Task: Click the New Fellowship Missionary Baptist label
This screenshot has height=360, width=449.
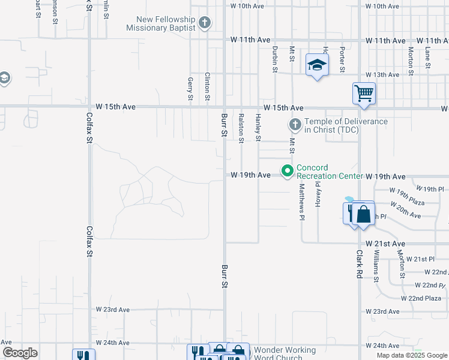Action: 161,23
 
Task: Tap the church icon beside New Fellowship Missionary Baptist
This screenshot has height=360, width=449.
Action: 205,23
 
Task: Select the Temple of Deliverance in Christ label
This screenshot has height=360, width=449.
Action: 346,125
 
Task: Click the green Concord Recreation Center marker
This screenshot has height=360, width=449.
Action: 288,172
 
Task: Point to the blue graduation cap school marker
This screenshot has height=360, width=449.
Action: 317,65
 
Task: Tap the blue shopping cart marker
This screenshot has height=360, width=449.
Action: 364,94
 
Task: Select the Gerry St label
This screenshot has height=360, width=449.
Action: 190,89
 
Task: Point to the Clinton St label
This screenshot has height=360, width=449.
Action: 207,86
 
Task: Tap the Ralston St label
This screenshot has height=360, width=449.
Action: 241,128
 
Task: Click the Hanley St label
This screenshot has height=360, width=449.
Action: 259,127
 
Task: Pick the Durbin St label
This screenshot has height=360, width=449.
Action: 274,59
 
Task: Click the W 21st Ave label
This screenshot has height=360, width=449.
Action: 390,244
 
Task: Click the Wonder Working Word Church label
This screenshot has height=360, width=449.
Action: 285,353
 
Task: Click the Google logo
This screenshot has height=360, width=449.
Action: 20,353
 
